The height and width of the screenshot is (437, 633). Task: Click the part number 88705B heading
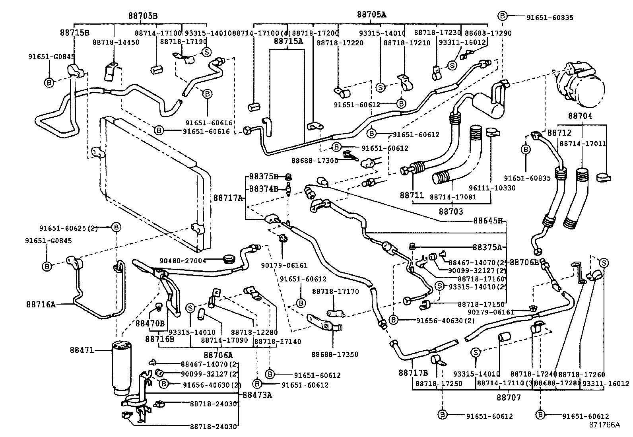[x=142, y=16]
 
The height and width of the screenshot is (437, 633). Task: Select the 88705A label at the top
[x=371, y=15]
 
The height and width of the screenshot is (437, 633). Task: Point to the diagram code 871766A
[x=604, y=425]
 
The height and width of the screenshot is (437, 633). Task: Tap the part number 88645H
[x=488, y=220]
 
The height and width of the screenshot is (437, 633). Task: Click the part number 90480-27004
[x=183, y=261]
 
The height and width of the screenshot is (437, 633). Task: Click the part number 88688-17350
[x=335, y=354]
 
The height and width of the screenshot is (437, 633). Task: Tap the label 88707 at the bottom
[x=508, y=397]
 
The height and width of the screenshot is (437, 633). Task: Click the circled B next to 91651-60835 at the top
[x=503, y=16]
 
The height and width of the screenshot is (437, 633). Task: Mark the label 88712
[x=559, y=133]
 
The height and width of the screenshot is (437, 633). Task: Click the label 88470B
[x=150, y=323]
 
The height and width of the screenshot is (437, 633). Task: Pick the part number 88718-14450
[x=116, y=42]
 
